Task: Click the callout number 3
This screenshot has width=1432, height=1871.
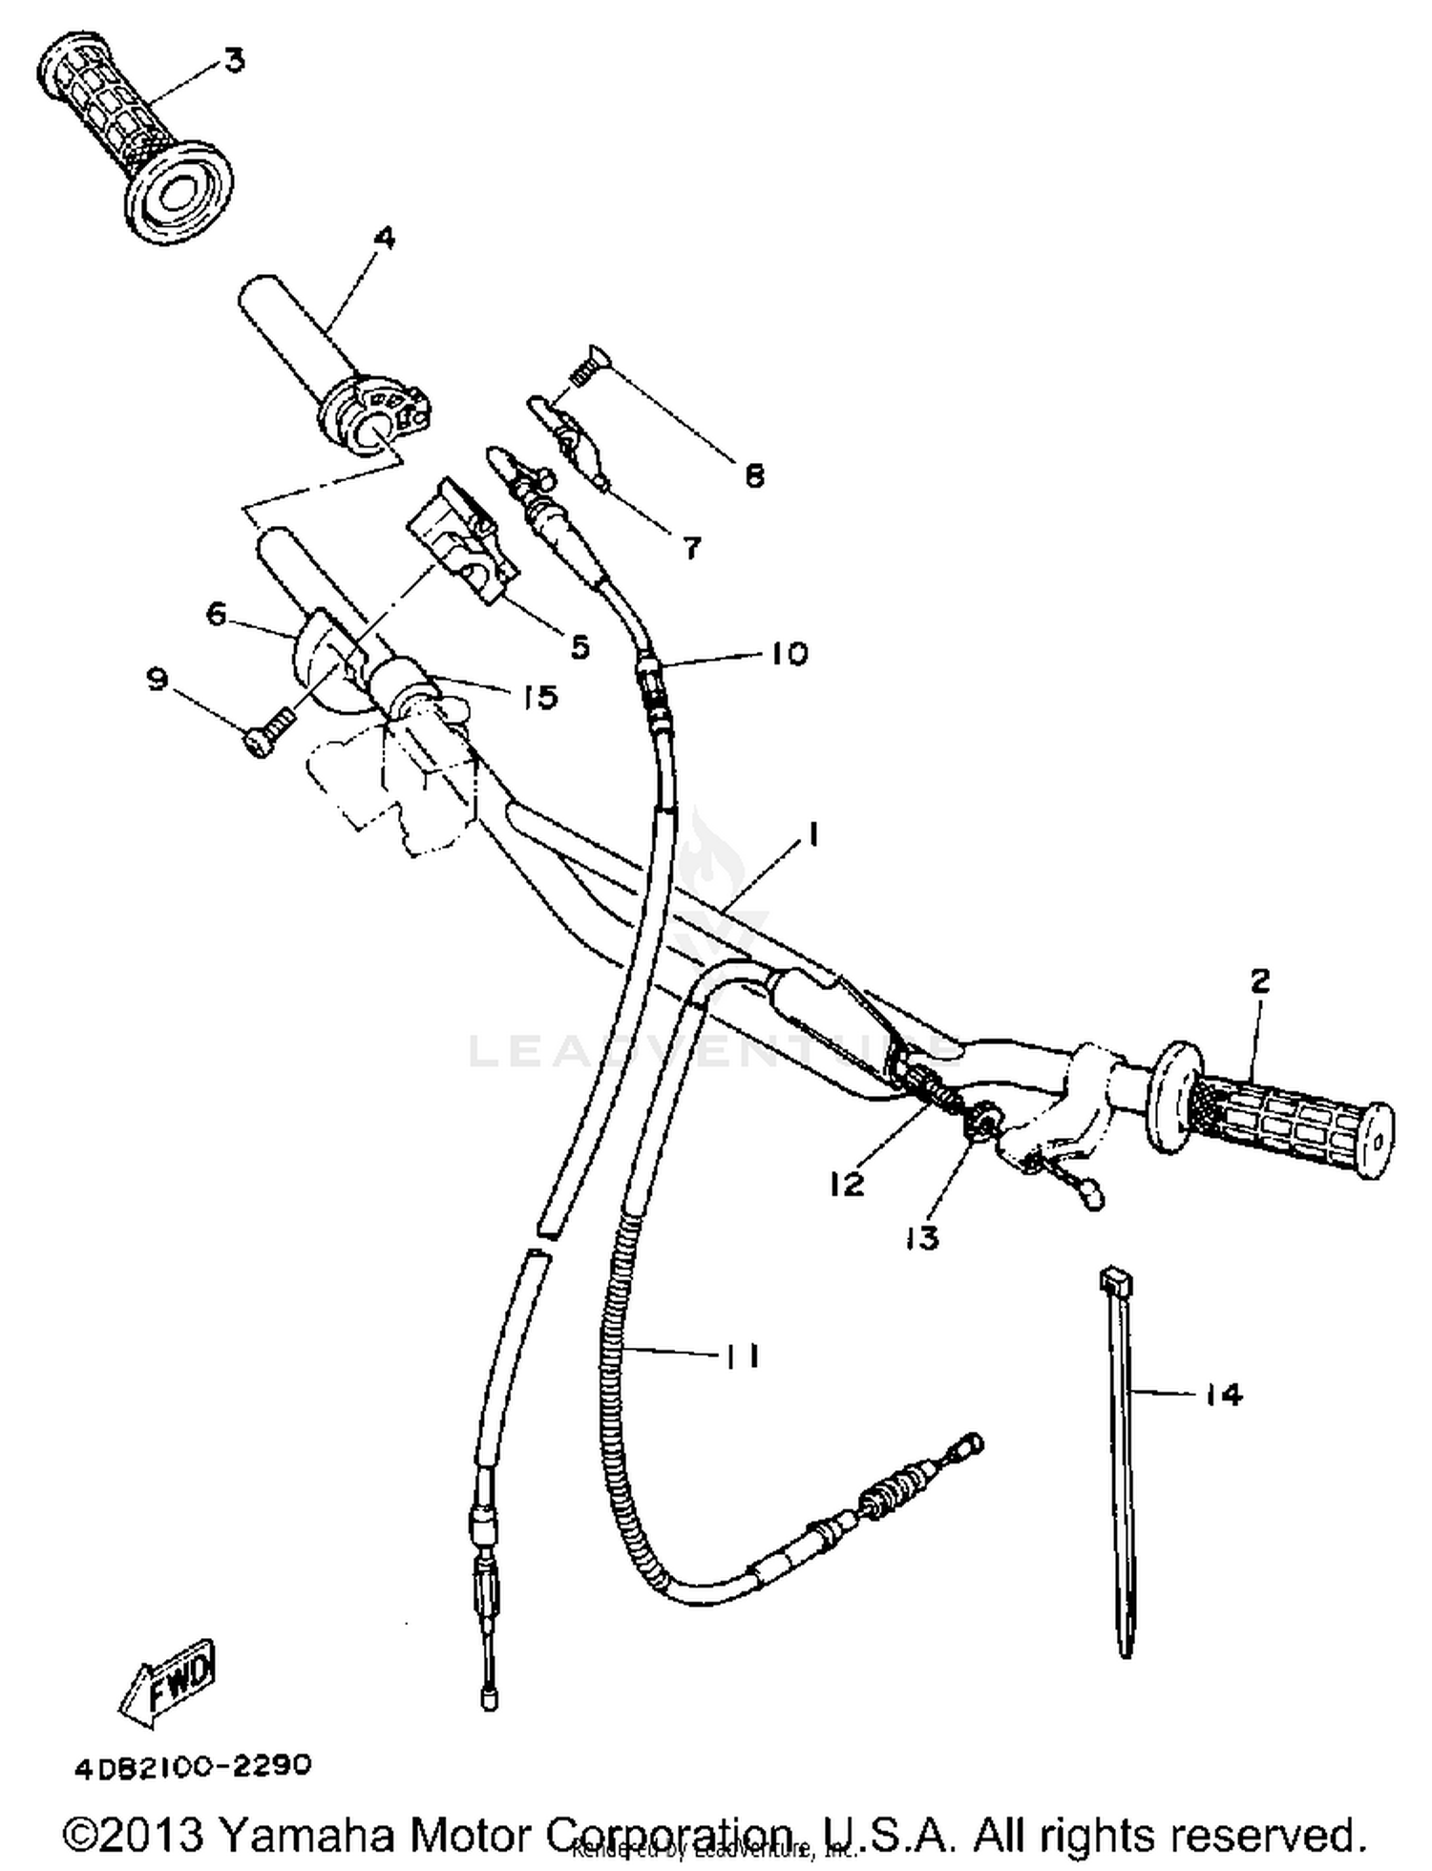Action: click(x=234, y=61)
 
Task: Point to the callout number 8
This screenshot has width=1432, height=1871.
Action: click(x=754, y=474)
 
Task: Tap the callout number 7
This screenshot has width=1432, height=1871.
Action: click(x=691, y=547)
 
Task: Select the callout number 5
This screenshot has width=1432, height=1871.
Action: click(x=579, y=646)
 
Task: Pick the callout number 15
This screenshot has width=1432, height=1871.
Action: click(x=540, y=697)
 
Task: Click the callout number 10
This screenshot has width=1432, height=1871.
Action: click(x=789, y=654)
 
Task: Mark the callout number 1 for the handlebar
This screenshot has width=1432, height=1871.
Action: click(x=812, y=835)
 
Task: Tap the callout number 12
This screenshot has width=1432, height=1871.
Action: click(x=846, y=1184)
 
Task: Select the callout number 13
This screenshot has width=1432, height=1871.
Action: click(x=922, y=1238)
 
